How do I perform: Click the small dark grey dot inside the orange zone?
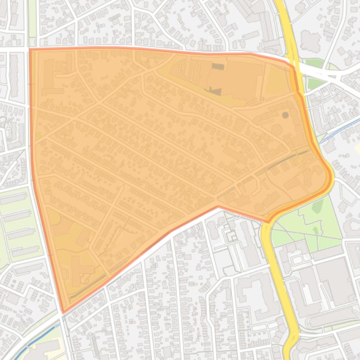point(285,115)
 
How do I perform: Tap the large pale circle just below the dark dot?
point(276,129)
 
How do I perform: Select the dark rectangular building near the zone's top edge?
point(218,66)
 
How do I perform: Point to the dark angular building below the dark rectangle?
point(215,91)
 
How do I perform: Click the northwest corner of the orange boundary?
point(30,49)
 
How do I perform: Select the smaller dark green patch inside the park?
point(316,230)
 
